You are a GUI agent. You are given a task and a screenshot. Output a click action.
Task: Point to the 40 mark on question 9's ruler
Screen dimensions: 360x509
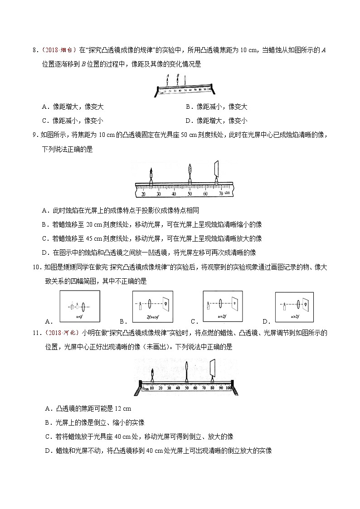(x=174, y=194)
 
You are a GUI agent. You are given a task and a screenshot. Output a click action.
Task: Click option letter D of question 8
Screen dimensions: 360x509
(x=188, y=121)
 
